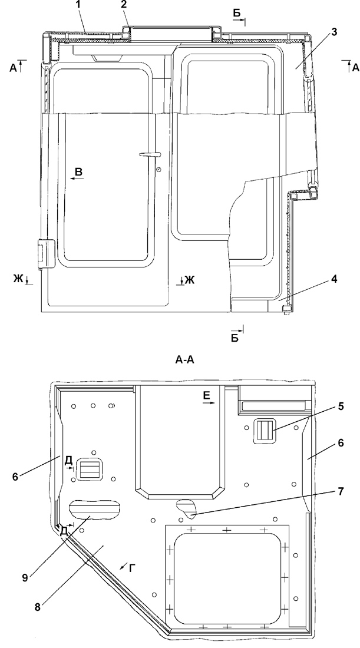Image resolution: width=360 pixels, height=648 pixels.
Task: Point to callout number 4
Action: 333,279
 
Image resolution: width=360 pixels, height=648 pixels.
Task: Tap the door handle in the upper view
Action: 150,154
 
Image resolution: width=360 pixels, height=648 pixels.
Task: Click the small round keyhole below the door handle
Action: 159,169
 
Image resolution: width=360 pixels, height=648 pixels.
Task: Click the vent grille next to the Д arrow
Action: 90,469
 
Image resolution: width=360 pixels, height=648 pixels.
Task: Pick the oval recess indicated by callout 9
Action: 94,509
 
